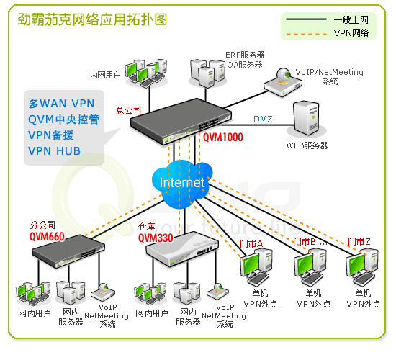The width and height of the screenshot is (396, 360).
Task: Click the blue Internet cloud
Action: [x=182, y=184]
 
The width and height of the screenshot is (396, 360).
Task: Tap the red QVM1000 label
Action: [x=223, y=138]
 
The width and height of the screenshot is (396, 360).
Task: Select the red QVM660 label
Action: [x=47, y=237]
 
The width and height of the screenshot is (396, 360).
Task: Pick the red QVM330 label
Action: [x=156, y=238]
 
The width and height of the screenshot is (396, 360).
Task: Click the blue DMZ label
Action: [x=263, y=119]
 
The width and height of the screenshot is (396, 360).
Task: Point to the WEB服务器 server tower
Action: [x=306, y=118]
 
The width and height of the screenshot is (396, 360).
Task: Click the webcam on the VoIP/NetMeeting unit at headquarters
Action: [x=283, y=75]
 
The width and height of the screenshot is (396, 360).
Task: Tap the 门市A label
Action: [x=251, y=244]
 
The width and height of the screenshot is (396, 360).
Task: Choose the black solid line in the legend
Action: [x=306, y=19]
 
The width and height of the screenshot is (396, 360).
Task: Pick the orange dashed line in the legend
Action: [x=306, y=34]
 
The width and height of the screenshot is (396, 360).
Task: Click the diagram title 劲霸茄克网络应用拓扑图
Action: [x=92, y=19]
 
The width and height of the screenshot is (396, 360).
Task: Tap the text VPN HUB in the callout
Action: [x=54, y=150]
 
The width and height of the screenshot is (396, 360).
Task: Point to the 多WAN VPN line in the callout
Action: [x=61, y=104]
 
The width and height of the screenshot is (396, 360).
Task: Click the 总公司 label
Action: [x=128, y=111]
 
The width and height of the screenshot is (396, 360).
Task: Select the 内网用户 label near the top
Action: [x=105, y=75]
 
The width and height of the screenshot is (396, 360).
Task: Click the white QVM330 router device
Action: [x=182, y=249]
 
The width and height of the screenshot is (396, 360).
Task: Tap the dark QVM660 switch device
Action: [x=68, y=251]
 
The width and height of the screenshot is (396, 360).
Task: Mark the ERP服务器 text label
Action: [x=245, y=55]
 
